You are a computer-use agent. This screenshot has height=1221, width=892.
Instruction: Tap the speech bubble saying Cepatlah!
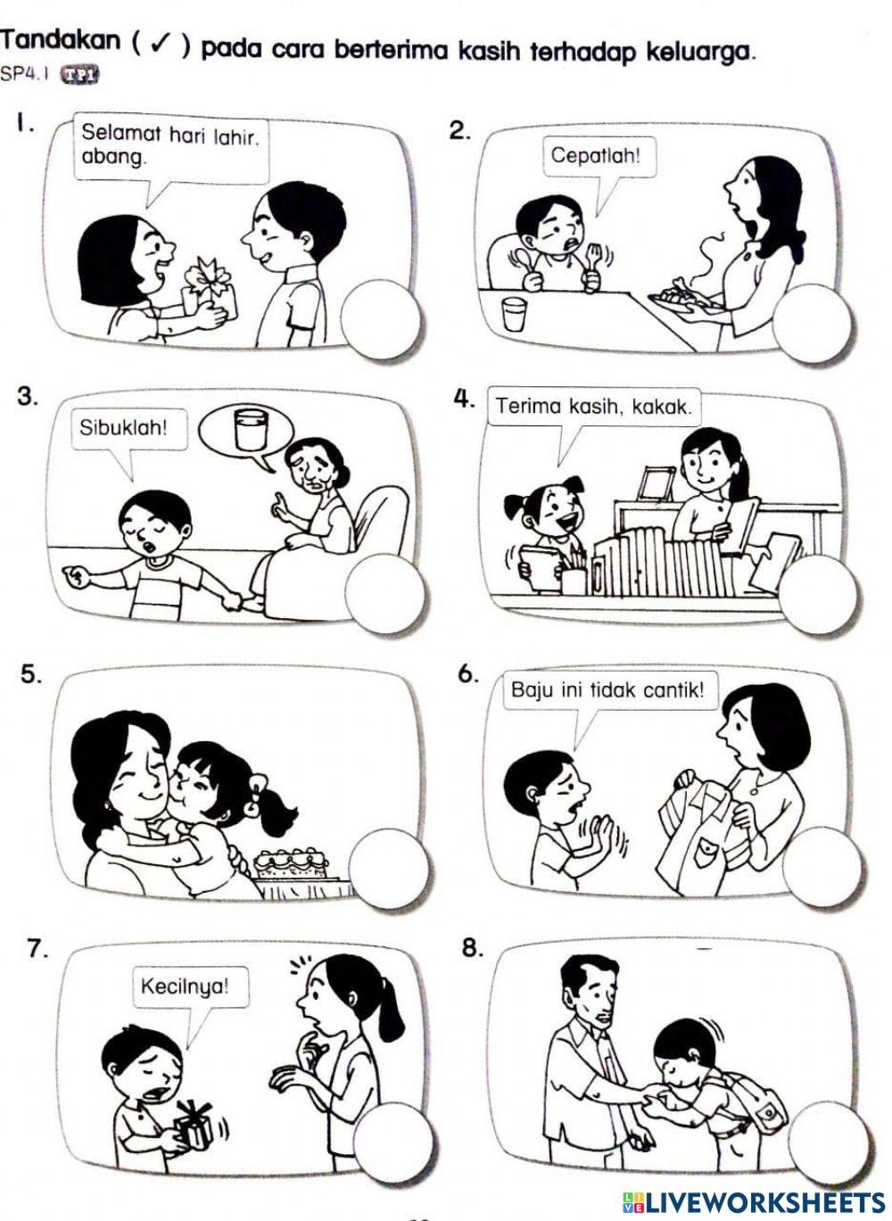click(595, 157)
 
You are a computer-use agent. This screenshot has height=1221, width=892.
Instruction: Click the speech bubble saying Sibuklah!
click(123, 427)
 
